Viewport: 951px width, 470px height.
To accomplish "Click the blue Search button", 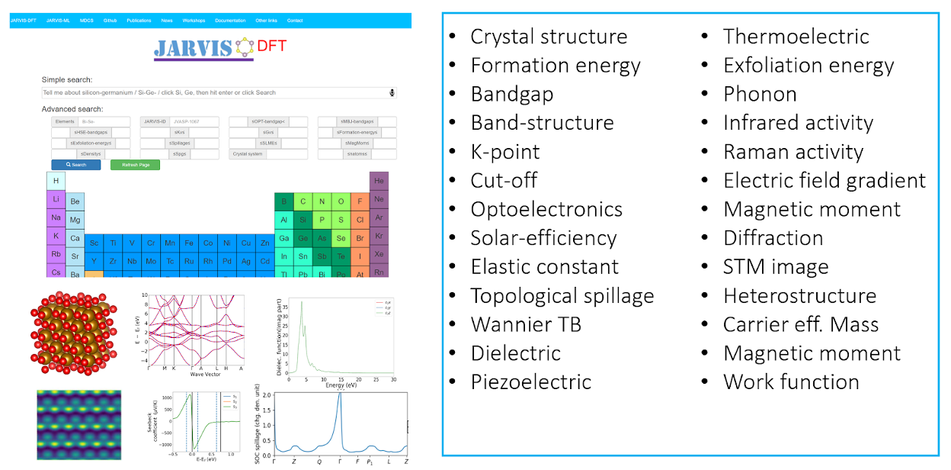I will [75, 165].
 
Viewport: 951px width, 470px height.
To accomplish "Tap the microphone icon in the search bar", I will [392, 92].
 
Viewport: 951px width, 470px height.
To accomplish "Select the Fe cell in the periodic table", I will [189, 243].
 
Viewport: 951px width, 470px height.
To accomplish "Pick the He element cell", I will [379, 181].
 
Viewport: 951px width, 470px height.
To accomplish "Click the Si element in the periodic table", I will [303, 220].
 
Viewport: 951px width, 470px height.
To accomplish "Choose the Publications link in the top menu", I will [139, 21].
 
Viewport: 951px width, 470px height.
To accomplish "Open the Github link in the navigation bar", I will [110, 21].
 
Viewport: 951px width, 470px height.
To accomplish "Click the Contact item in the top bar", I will [295, 21].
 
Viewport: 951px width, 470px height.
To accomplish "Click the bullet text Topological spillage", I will [562, 296].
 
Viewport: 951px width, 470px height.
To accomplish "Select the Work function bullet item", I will [791, 382].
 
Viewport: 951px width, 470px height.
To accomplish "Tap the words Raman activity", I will [792, 152].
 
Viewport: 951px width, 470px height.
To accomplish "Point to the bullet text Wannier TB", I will [526, 325].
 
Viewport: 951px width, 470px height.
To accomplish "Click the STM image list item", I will [775, 267].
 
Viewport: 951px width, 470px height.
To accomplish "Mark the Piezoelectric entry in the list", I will [530, 382].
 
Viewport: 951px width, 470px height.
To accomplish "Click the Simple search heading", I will [67, 79].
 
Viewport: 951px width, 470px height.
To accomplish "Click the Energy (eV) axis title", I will [340, 385].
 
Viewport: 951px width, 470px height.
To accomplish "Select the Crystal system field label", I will [248, 154].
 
